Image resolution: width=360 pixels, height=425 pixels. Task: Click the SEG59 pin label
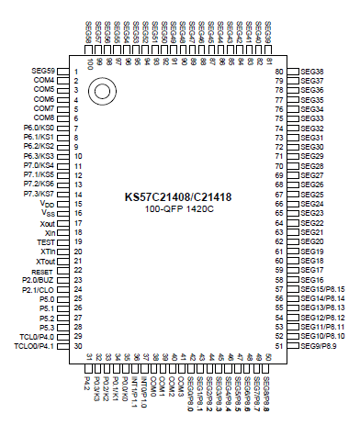coord(43,71)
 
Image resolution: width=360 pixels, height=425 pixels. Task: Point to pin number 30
coord(78,347)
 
